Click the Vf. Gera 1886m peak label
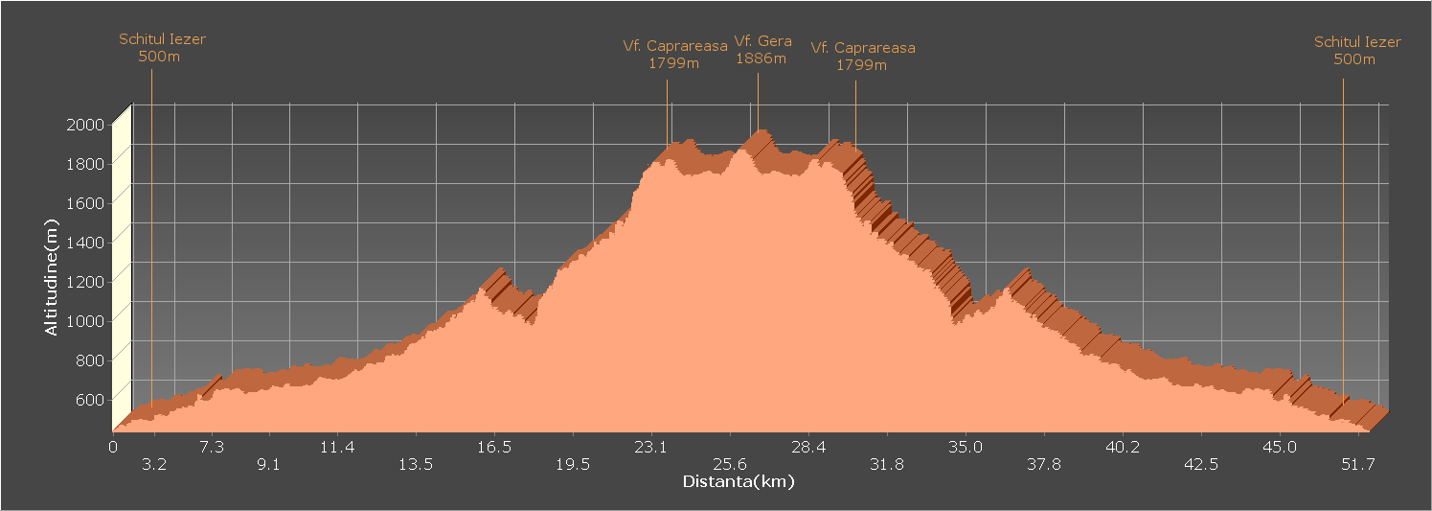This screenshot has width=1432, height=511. [762, 50]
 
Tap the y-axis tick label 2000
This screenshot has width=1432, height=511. [85, 124]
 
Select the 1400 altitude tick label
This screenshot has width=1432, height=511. [85, 242]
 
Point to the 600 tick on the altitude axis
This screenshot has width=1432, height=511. [91, 399]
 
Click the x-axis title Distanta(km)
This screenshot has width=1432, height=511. [738, 481]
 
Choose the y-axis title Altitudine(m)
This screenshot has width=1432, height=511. [52, 276]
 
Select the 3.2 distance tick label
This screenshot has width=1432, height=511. [154, 465]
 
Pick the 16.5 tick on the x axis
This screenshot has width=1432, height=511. [493, 447]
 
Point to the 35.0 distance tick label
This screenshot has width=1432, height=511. [966, 447]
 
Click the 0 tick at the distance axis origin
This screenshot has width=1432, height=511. [113, 447]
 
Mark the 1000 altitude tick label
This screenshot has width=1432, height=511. [85, 320]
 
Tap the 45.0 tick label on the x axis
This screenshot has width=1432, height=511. [1280, 447]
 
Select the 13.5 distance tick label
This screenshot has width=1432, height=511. [415, 465]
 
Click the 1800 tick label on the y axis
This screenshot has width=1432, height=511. [85, 163]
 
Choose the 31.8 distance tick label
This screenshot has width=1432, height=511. [886, 465]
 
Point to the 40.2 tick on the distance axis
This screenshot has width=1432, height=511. [1123, 447]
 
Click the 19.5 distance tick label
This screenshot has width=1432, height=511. [572, 465]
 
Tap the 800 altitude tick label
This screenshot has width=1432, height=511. [91, 360]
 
